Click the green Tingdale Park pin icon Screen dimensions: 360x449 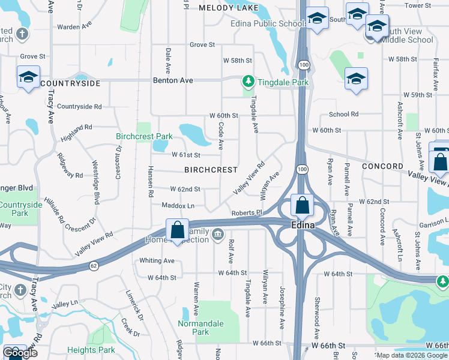click(x=247, y=80)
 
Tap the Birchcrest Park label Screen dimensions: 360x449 click(x=144, y=136)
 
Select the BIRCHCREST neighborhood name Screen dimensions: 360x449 click(x=211, y=170)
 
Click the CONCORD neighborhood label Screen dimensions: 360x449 click(x=382, y=166)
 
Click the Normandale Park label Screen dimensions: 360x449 click(x=200, y=328)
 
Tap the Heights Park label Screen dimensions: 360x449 click(x=91, y=350)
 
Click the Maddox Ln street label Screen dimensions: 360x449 click(x=178, y=206)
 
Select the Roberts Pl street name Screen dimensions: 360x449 click(x=247, y=212)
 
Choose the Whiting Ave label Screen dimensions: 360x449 click(x=157, y=260)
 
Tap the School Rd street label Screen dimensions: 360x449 click(x=343, y=114)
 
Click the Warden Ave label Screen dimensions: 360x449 click(x=74, y=26)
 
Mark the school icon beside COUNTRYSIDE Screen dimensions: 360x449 click(x=28, y=77)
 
